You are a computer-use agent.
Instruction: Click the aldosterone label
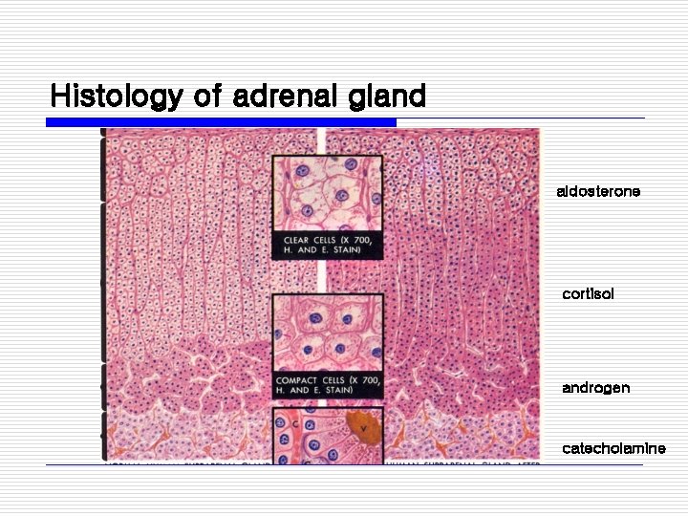click(598, 192)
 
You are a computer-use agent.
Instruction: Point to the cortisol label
click(588, 294)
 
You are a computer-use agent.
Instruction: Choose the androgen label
click(595, 388)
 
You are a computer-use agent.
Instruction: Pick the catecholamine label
click(613, 448)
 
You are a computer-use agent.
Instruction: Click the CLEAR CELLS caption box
click(328, 244)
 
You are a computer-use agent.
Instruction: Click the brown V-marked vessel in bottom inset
click(363, 430)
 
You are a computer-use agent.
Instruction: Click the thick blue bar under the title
click(222, 122)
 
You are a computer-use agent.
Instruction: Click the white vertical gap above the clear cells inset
click(322, 141)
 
